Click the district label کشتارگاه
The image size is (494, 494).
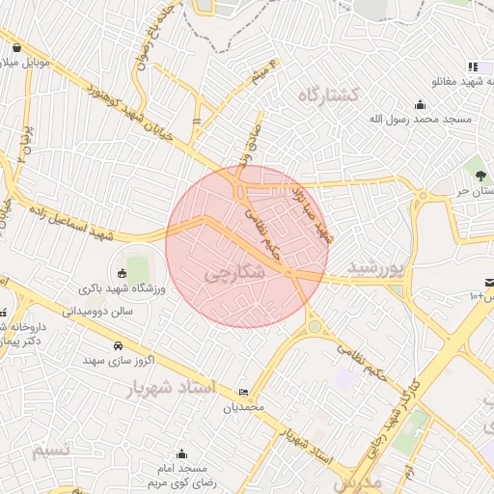click(x=328, y=95)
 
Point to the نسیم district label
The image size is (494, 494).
click(x=45, y=451)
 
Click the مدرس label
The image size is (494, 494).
click(x=359, y=480)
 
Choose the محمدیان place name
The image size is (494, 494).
click(x=243, y=407)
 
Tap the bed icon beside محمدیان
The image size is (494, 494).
click(x=242, y=392)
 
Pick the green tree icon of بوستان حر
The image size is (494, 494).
click(x=480, y=175)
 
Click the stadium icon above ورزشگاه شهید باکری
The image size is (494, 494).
click(x=122, y=274)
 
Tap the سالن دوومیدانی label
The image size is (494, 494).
click(x=97, y=312)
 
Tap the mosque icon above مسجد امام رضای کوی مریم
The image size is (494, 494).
click(x=181, y=453)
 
